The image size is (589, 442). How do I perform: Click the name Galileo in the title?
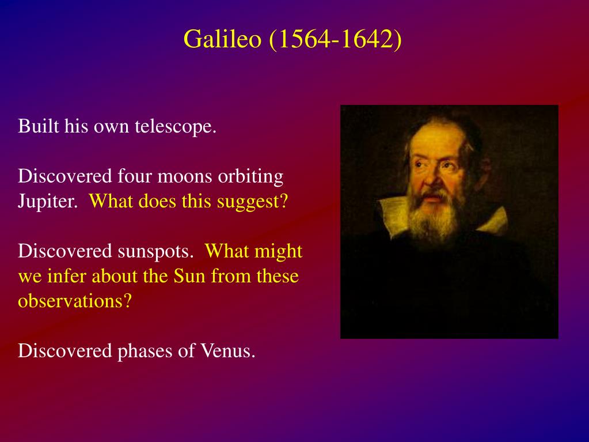click(x=222, y=39)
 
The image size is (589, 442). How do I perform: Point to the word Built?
click(x=39, y=126)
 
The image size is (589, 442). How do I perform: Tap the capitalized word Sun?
click(x=189, y=277)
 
